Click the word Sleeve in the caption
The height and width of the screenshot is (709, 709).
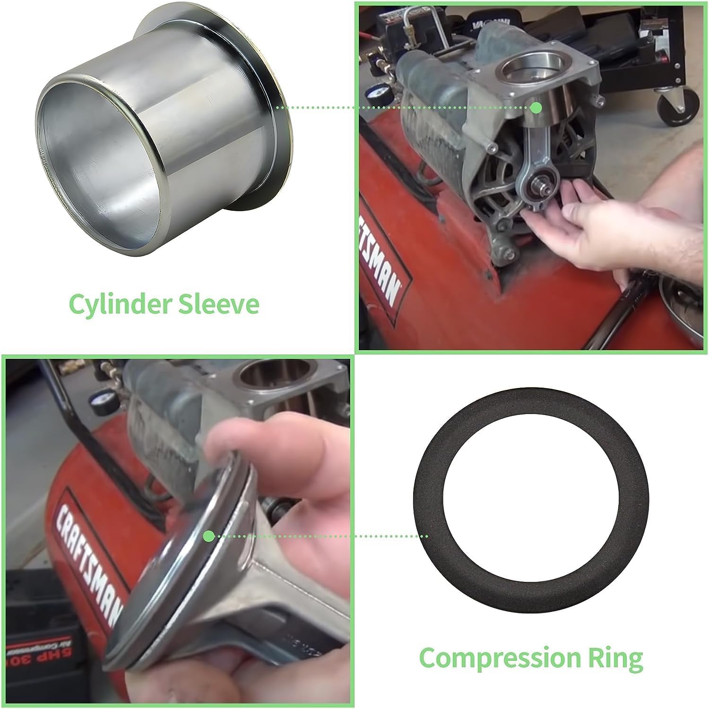218,304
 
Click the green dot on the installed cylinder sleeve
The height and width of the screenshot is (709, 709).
536,108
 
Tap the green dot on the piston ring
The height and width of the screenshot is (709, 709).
208,536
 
